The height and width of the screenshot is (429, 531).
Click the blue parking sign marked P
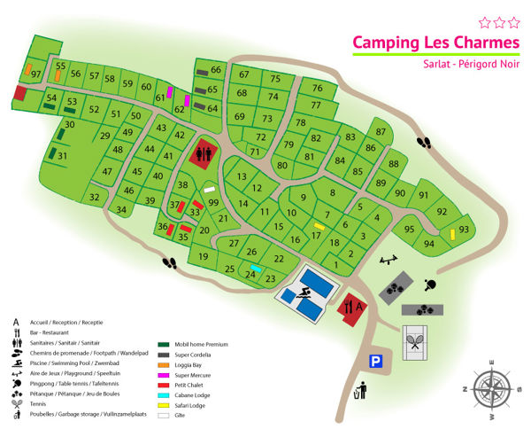click(x=377, y=361)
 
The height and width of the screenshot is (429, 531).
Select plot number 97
click(x=36, y=74)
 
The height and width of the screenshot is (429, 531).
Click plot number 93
click(x=464, y=230)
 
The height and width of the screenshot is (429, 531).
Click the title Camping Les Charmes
click(x=423, y=43)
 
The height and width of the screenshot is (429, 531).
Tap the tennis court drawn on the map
click(x=415, y=341)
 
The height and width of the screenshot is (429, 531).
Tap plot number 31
click(x=62, y=156)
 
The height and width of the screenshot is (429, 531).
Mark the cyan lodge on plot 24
click(x=256, y=269)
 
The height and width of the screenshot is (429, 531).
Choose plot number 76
click(x=317, y=88)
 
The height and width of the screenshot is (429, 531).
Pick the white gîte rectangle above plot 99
click(x=210, y=189)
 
